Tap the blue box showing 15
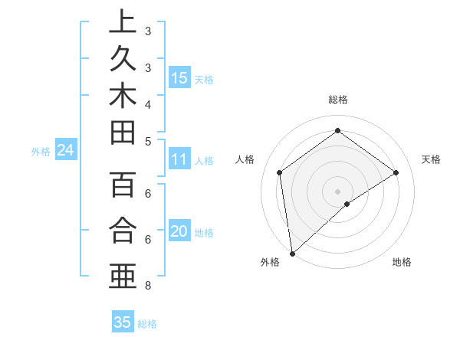(x=179, y=77)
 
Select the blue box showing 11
(x=179, y=159)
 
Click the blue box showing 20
(x=179, y=232)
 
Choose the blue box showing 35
(x=123, y=322)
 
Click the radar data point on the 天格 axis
(x=396, y=172)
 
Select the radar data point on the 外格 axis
(x=292, y=253)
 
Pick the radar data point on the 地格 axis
(x=347, y=204)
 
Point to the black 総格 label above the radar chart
(x=337, y=99)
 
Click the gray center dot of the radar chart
(x=337, y=190)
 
